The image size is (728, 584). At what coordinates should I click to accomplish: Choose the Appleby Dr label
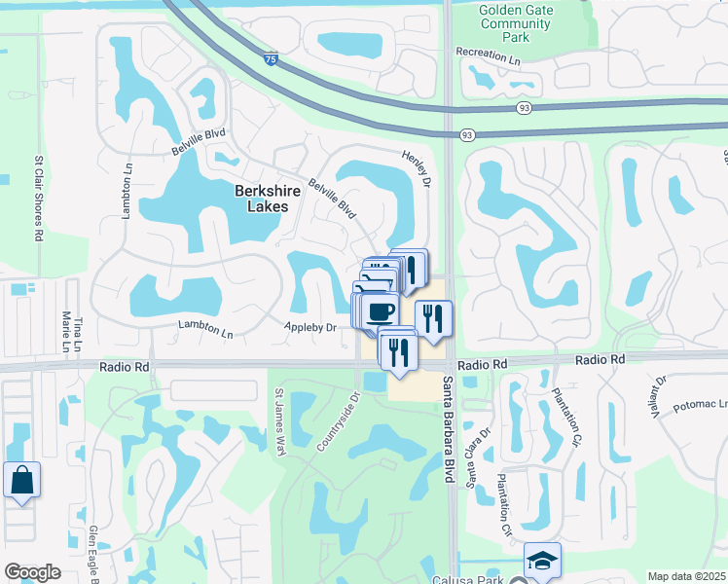(x=309, y=327)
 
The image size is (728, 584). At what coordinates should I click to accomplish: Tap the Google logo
(x=32, y=572)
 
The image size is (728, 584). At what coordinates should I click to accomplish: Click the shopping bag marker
(x=21, y=481)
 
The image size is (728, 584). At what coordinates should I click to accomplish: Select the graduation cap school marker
(x=542, y=560)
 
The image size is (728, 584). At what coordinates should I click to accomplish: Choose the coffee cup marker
(x=382, y=310)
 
